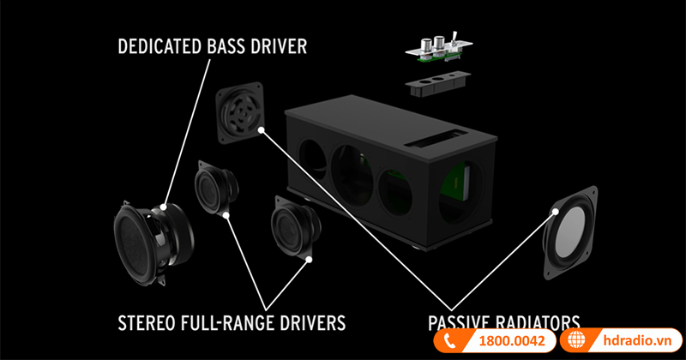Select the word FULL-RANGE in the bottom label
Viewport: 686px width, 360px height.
point(230,322)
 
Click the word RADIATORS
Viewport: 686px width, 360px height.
point(539,323)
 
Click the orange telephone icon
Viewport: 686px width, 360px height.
point(448,340)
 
